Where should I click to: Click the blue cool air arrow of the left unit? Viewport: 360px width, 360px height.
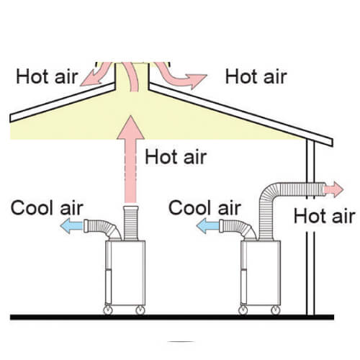[x=71, y=225]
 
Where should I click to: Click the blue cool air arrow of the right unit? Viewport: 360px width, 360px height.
[x=207, y=225]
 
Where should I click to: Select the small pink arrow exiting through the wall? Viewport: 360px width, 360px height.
[x=333, y=189]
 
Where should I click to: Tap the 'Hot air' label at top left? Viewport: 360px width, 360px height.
[x=47, y=76]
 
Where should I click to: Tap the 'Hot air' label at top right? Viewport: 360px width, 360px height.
[x=256, y=76]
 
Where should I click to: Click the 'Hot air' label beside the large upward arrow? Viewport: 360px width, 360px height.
[x=176, y=157]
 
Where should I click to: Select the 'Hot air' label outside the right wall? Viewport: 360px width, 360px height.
[x=325, y=216]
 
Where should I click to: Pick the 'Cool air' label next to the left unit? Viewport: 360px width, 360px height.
[x=47, y=208]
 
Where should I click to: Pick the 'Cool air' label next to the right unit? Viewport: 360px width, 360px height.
[x=204, y=208]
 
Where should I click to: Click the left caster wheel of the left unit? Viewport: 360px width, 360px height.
[x=108, y=310]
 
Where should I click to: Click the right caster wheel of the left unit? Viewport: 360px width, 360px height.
[x=140, y=310]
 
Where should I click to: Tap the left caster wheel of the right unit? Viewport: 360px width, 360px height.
[x=243, y=310]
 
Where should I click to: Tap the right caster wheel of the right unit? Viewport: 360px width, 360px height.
[x=276, y=310]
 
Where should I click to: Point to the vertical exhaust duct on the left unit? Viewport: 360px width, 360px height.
[x=131, y=223]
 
